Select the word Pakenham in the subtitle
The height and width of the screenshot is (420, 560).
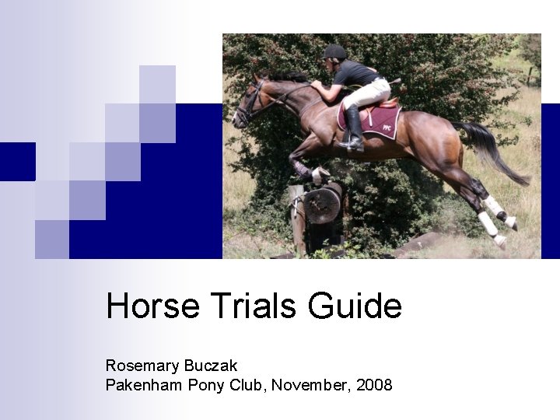tap(144, 384)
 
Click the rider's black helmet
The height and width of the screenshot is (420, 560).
tap(334, 52)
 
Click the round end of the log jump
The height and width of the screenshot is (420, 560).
tap(321, 205)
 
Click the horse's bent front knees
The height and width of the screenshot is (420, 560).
tap(303, 168)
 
